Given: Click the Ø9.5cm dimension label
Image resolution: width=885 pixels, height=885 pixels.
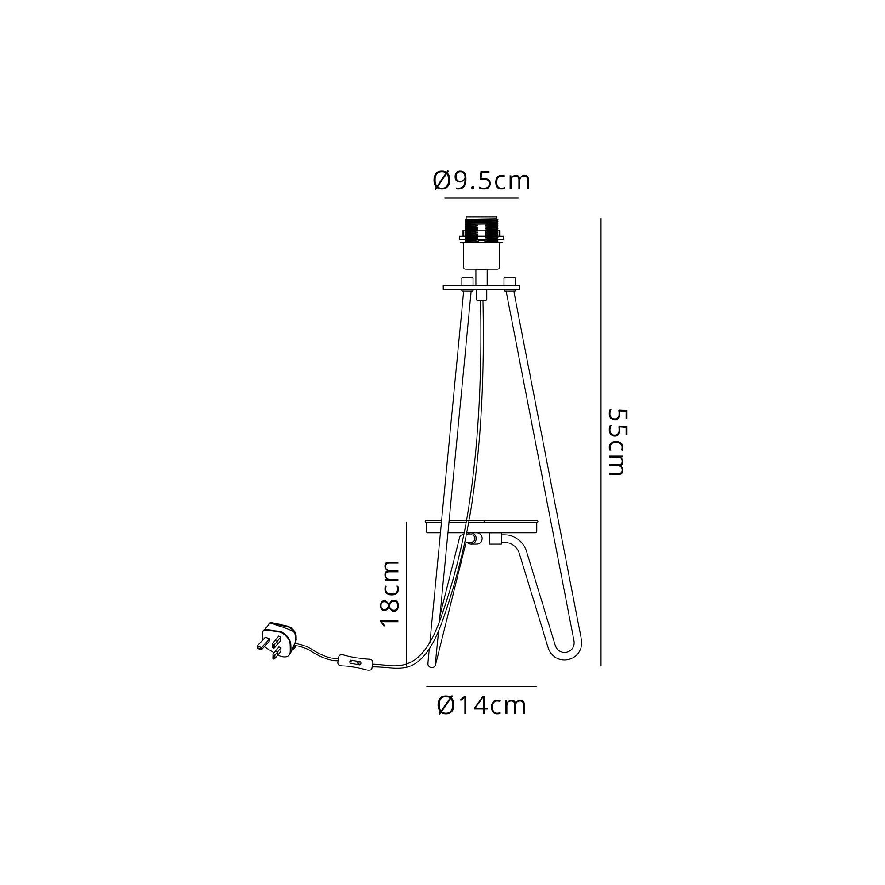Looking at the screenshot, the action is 481,181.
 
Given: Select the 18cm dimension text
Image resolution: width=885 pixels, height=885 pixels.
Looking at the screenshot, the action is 390,593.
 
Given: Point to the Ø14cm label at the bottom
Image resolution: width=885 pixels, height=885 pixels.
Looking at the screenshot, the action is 481,706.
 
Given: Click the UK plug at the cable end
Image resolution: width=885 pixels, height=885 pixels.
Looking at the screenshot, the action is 277,640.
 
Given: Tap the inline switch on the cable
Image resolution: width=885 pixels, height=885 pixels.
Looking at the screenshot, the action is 355,662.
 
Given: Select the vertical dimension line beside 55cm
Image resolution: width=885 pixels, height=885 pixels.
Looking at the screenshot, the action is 601,442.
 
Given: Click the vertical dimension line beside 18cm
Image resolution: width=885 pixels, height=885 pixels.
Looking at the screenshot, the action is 406,594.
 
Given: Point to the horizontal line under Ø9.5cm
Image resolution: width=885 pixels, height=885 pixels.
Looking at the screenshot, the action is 481,198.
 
